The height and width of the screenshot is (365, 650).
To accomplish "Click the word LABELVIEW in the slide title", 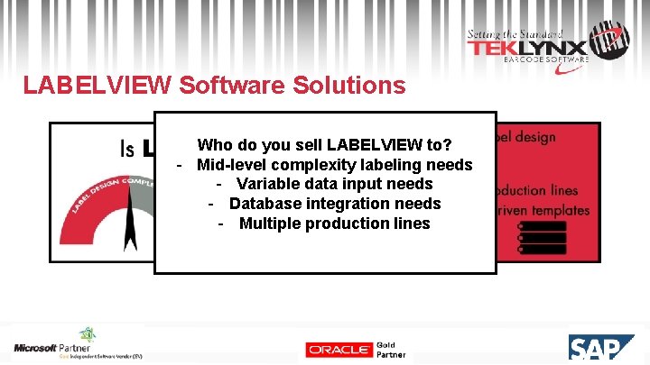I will click(x=97, y=86).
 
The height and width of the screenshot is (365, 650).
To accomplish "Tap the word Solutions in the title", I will click(x=348, y=86).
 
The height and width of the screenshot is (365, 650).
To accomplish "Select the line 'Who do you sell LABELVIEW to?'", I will click(x=325, y=145).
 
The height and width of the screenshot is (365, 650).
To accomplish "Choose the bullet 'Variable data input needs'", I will click(x=334, y=185).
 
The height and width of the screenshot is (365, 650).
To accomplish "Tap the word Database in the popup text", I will click(x=264, y=204).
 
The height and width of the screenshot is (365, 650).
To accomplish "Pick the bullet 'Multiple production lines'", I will click(x=334, y=224).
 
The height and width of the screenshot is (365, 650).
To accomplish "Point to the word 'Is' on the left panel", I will click(x=127, y=149).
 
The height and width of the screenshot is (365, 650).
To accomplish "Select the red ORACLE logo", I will click(x=339, y=350).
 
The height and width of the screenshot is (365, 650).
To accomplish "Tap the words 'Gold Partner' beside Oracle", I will click(x=386, y=350).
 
